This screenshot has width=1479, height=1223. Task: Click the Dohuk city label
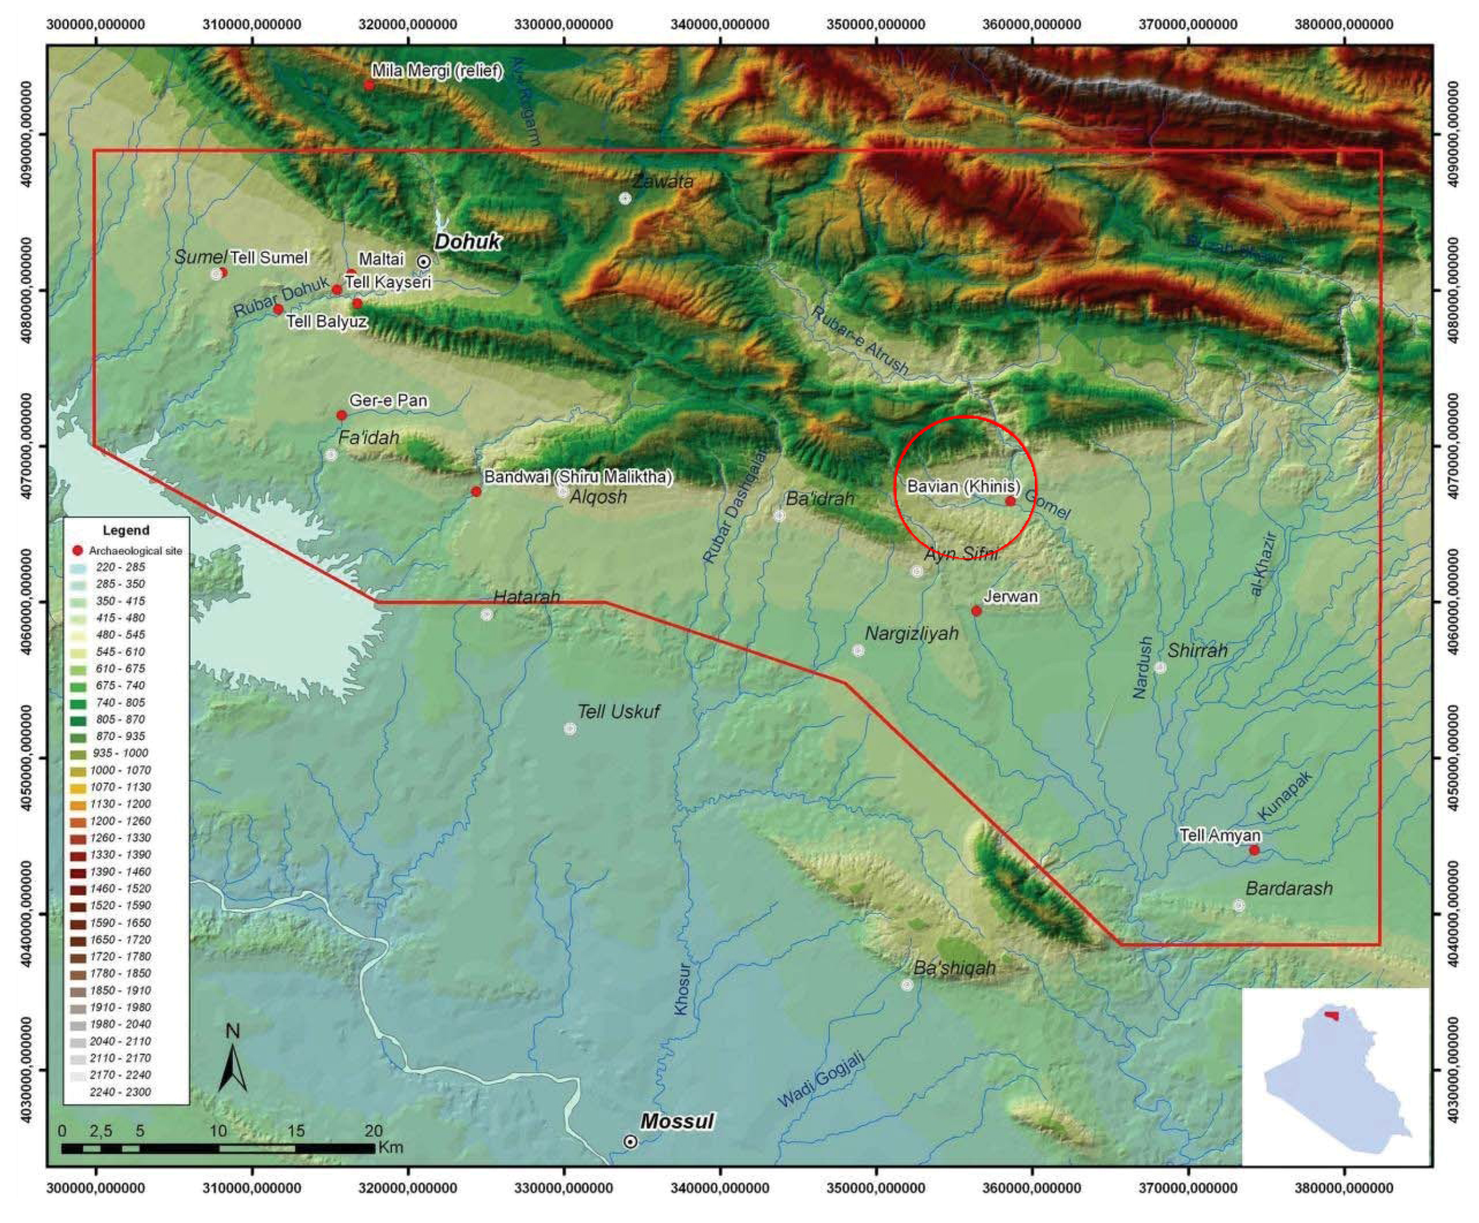coord(467,242)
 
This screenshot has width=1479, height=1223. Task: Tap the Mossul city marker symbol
coord(630,1142)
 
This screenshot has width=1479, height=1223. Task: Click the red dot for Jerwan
coord(976,610)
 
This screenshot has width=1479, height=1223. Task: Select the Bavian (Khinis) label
coord(963,486)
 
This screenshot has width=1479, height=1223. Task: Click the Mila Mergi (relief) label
coord(437,71)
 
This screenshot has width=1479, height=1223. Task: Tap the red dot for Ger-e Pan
coord(341,415)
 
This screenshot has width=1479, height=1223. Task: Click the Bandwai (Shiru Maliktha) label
coord(578,477)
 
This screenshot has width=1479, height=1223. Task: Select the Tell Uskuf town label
coord(618,712)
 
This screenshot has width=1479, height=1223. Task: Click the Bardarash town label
coord(1289,889)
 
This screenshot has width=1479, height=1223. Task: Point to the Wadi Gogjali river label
coord(820,1081)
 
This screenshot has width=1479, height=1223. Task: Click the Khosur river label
coord(681,988)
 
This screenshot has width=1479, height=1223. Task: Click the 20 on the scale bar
coord(373,1131)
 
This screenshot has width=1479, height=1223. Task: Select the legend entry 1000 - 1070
coord(120,770)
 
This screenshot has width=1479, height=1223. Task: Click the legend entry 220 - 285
coord(120,567)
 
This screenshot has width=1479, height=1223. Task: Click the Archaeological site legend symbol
coord(77,550)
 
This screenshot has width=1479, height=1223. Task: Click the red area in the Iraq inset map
coord(1331,1015)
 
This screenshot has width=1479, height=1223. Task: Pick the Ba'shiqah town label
coord(954,968)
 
